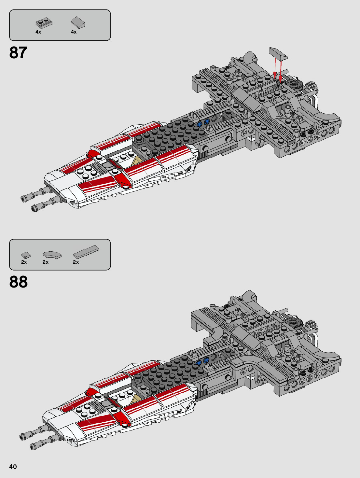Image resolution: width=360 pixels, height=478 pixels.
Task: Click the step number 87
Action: tap(18, 52)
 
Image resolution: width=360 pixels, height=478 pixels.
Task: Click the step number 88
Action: tap(18, 282)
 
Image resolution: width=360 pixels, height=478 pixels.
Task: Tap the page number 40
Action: tap(13, 467)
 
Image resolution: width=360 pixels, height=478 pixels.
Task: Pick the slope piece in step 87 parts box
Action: tap(78, 22)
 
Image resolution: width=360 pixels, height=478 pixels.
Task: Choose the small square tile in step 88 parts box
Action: tap(26, 255)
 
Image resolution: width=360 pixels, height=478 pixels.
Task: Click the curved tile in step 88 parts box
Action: tap(52, 255)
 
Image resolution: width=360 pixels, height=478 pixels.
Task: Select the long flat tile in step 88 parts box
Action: tap(86, 252)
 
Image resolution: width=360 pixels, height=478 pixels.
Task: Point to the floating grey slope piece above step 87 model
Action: tap(278, 53)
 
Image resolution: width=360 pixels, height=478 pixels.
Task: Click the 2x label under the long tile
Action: tap(76, 262)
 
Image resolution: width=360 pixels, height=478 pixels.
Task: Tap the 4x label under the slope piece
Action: tap(74, 32)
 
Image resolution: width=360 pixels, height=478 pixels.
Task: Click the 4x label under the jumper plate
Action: tap(38, 32)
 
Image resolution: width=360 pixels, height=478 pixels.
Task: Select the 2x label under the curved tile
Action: tap(46, 262)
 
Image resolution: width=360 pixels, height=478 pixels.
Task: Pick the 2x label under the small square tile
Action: tap(24, 262)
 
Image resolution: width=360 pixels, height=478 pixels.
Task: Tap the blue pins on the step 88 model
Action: tap(202, 361)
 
